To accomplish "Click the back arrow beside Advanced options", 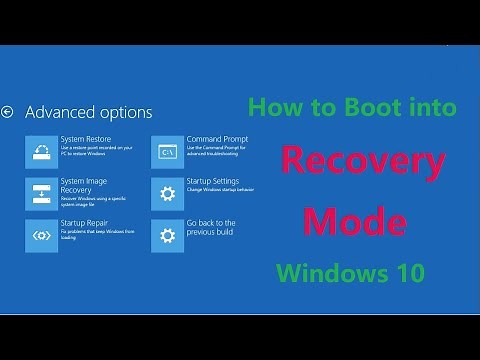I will [x=8, y=112].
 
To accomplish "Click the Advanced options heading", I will [x=88, y=112].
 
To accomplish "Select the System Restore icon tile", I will [x=41, y=150].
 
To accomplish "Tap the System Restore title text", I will [x=86, y=139].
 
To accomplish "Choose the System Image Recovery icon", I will [x=41, y=193].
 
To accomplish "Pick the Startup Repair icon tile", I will [x=41, y=235].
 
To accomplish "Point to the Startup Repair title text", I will [x=85, y=223].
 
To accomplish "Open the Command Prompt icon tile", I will [x=168, y=150].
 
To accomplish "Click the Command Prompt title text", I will [x=216, y=139].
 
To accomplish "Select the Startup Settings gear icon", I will [x=168, y=193].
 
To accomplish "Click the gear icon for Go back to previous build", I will [x=168, y=235].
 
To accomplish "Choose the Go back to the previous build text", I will [x=211, y=228].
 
